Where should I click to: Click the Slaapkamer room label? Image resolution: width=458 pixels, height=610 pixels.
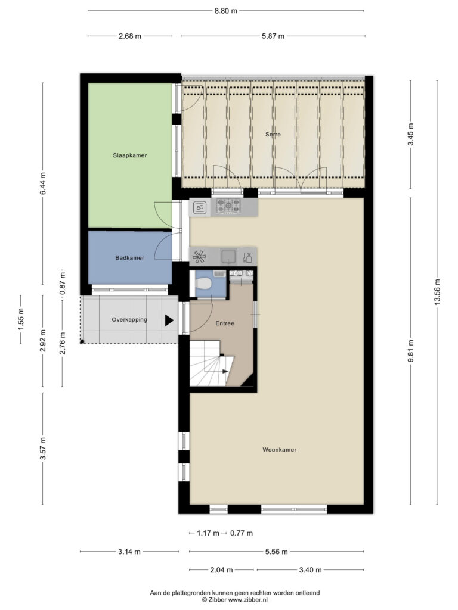(x=129, y=155)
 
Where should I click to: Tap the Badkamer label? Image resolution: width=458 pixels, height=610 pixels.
(x=129, y=257)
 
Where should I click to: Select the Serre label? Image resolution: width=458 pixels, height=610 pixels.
(x=273, y=134)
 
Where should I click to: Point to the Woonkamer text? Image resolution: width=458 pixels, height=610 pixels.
(x=279, y=449)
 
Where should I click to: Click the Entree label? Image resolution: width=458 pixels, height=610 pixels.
(x=225, y=323)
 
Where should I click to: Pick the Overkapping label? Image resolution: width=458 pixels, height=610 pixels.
(x=129, y=320)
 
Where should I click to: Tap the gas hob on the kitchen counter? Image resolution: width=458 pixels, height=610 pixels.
(x=228, y=206)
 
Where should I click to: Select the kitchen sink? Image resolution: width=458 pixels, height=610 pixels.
(x=228, y=256)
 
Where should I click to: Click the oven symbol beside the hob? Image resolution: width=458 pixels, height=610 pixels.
(x=200, y=207)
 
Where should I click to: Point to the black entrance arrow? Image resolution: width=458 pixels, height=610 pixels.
(x=169, y=320)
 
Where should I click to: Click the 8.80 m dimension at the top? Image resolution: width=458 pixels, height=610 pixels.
(x=226, y=11)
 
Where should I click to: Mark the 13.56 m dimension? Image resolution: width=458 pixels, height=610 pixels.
(x=437, y=292)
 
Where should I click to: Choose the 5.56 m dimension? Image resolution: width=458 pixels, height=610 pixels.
(x=277, y=552)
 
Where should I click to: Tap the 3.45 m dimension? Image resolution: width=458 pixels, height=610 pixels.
(x=410, y=134)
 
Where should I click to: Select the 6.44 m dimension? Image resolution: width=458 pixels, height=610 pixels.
(x=43, y=183)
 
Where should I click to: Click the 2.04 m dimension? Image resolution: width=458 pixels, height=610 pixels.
(x=222, y=570)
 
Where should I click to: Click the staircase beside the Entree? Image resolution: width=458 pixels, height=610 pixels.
(x=211, y=364)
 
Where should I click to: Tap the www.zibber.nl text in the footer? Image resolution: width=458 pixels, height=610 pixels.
(x=249, y=600)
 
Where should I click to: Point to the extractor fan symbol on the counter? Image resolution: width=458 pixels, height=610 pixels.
(x=199, y=256)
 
